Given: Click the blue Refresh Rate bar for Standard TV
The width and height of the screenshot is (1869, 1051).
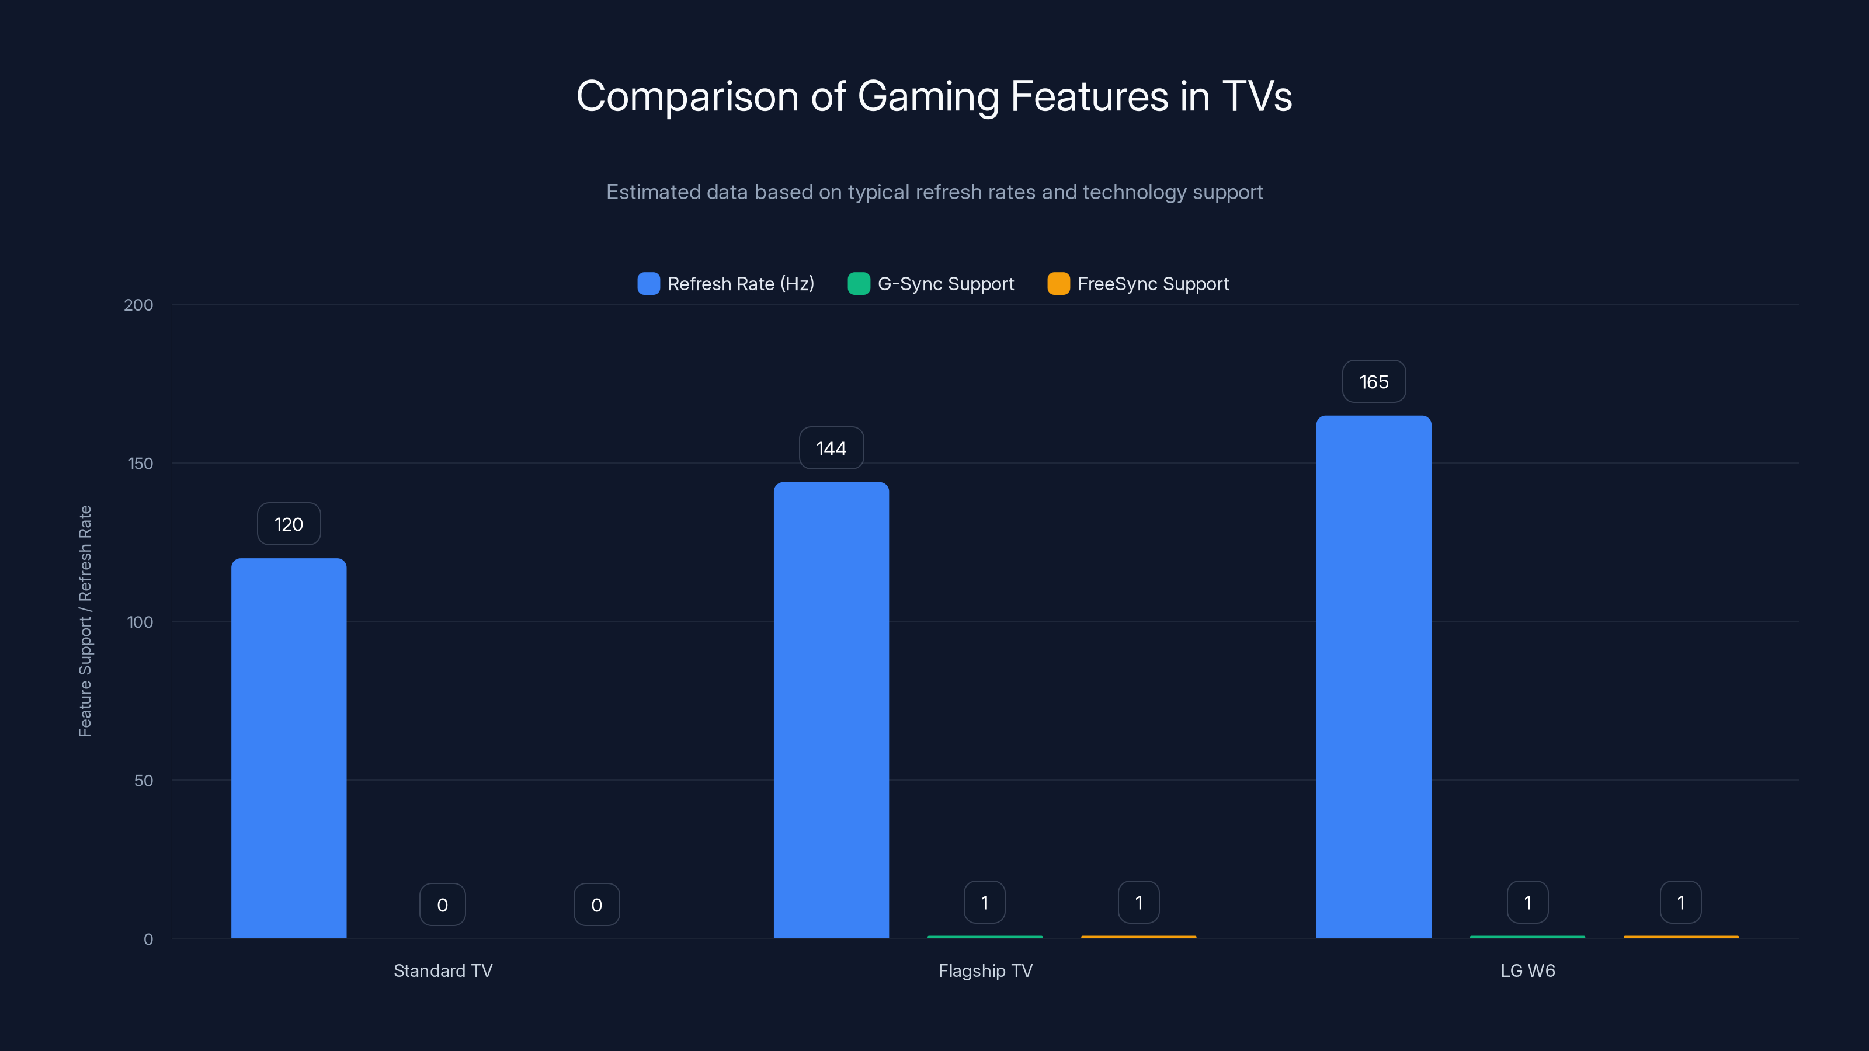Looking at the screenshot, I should coord(289,747).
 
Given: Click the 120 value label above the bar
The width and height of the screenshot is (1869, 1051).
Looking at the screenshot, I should coord(289,524).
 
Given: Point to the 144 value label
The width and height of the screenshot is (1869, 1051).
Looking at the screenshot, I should coord(831,448).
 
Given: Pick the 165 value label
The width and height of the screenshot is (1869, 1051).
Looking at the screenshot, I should coord(1374,381).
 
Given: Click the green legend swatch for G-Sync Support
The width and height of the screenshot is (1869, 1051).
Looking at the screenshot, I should coord(859,284).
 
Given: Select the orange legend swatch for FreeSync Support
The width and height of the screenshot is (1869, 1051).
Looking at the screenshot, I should coord(1058,284).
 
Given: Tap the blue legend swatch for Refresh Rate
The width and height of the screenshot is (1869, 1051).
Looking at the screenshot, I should coord(648,284).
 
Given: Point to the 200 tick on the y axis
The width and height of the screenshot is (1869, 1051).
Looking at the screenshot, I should coord(138,305).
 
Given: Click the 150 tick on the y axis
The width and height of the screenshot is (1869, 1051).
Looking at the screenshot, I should coord(141,464).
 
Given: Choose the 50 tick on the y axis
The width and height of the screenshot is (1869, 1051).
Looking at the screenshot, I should coord(144,781).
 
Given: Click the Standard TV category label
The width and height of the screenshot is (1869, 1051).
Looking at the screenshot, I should coord(443,970).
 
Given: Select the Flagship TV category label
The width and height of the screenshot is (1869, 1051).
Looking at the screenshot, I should coord(985,970).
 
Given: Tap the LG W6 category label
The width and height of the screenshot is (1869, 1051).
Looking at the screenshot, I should coord(1527,970).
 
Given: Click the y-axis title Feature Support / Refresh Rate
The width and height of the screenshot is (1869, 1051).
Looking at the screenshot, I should coord(85,621).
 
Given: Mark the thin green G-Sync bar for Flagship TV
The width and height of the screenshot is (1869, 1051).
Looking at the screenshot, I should coord(985,937).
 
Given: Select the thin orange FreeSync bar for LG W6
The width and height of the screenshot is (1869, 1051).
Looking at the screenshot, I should coord(1680,937).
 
